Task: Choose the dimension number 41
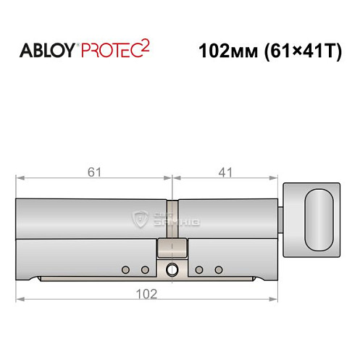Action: click(x=226, y=172)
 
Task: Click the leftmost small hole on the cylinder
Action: click(x=125, y=270)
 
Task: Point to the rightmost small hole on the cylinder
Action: click(x=219, y=270)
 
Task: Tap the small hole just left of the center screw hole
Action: click(x=145, y=270)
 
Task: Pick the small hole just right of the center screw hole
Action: click(x=198, y=270)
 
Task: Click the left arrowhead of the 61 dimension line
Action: click(x=20, y=177)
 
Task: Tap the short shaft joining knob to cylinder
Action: click(x=282, y=216)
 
